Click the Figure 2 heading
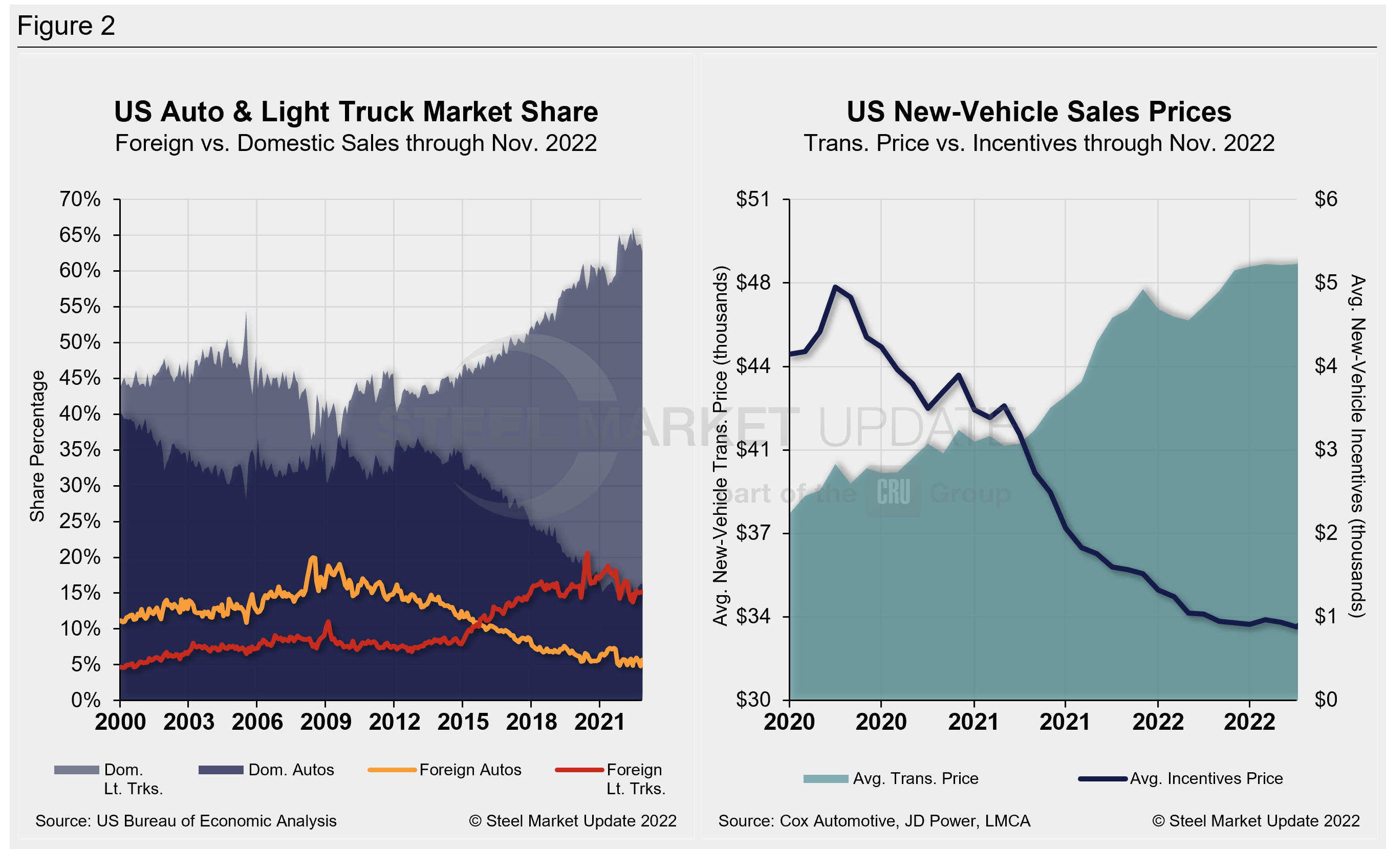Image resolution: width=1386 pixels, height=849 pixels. click(x=66, y=26)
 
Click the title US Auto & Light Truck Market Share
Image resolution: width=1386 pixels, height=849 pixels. click(x=356, y=112)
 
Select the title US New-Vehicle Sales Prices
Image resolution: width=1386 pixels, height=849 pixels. click(x=1038, y=112)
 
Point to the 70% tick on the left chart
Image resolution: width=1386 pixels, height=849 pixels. click(x=80, y=199)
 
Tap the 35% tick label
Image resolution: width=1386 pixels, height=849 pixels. click(x=80, y=450)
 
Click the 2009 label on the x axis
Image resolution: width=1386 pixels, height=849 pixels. click(x=325, y=722)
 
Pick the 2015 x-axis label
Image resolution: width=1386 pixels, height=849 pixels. click(x=462, y=722)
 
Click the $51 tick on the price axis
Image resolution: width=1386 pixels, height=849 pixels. click(x=752, y=199)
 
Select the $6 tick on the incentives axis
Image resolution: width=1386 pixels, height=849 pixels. click(x=1325, y=199)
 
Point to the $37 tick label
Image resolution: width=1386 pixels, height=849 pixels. click(x=752, y=532)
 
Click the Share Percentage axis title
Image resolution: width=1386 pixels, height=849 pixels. click(x=37, y=446)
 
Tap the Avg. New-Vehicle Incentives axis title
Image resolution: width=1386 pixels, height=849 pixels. click(x=1357, y=446)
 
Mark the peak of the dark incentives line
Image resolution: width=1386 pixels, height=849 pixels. click(x=835, y=287)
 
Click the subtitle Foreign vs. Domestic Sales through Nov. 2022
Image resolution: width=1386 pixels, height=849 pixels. click(x=356, y=143)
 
